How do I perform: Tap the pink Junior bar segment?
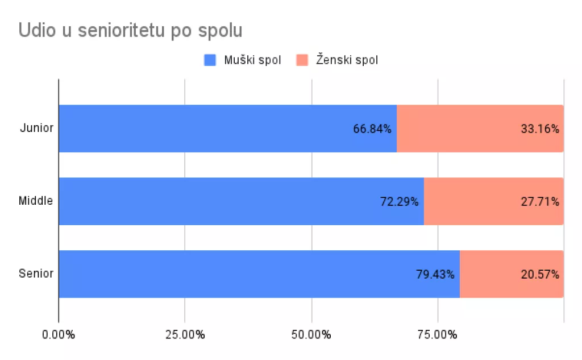(455, 129)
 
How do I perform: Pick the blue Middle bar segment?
(216, 201)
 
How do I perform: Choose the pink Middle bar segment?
(472, 201)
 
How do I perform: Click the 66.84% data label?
(372, 129)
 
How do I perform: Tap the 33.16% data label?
(540, 129)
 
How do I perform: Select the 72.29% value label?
(400, 202)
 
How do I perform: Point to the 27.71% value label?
(540, 202)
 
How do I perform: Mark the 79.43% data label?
(435, 275)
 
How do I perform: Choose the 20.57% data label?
(540, 275)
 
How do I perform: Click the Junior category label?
(36, 128)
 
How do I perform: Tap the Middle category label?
(36, 201)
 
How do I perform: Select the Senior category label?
(36, 274)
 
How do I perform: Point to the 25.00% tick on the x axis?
(185, 335)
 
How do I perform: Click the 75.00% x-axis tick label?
(438, 335)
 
